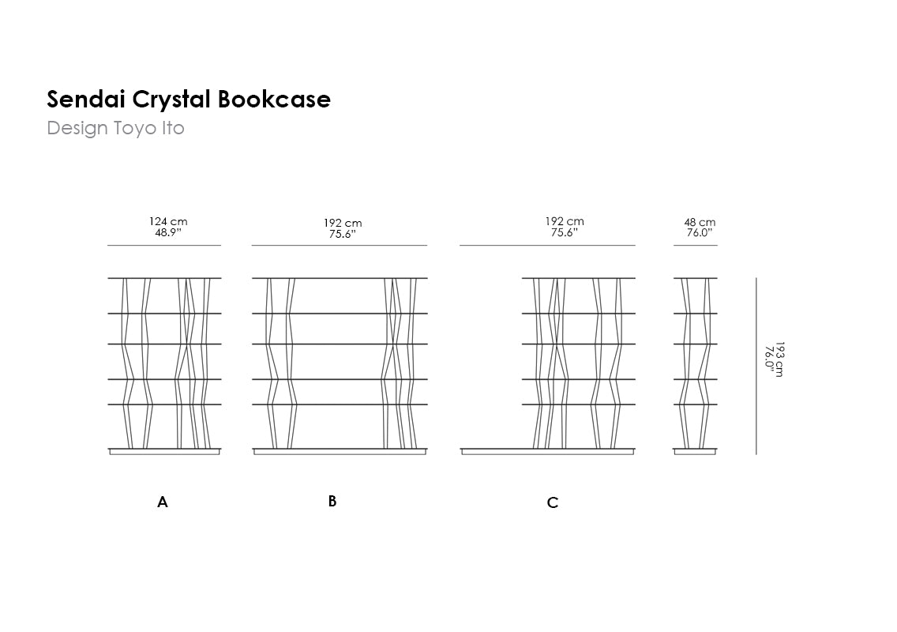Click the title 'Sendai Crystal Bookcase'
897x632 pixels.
click(x=189, y=100)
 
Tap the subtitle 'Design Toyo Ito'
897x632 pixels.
click(x=115, y=128)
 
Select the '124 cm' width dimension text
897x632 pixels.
click(x=168, y=222)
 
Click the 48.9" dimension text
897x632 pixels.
click(x=168, y=232)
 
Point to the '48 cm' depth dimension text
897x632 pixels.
click(x=700, y=223)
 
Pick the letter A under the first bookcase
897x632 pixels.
click(x=163, y=502)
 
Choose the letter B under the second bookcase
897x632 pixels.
click(x=332, y=501)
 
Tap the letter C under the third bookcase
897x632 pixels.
click(x=553, y=502)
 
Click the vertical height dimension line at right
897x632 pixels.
click(x=756, y=366)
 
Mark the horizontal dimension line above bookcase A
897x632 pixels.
click(x=164, y=246)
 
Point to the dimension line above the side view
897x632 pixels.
click(x=696, y=246)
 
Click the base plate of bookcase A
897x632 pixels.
click(x=164, y=451)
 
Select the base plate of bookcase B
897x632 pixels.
click(x=340, y=451)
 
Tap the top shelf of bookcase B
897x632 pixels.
click(x=340, y=278)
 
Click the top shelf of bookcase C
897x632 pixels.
click(x=578, y=278)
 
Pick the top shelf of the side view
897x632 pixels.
click(x=696, y=278)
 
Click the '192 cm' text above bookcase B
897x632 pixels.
click(x=343, y=224)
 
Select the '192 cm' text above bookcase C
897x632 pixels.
click(x=565, y=222)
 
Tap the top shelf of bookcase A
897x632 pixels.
click(x=164, y=278)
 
